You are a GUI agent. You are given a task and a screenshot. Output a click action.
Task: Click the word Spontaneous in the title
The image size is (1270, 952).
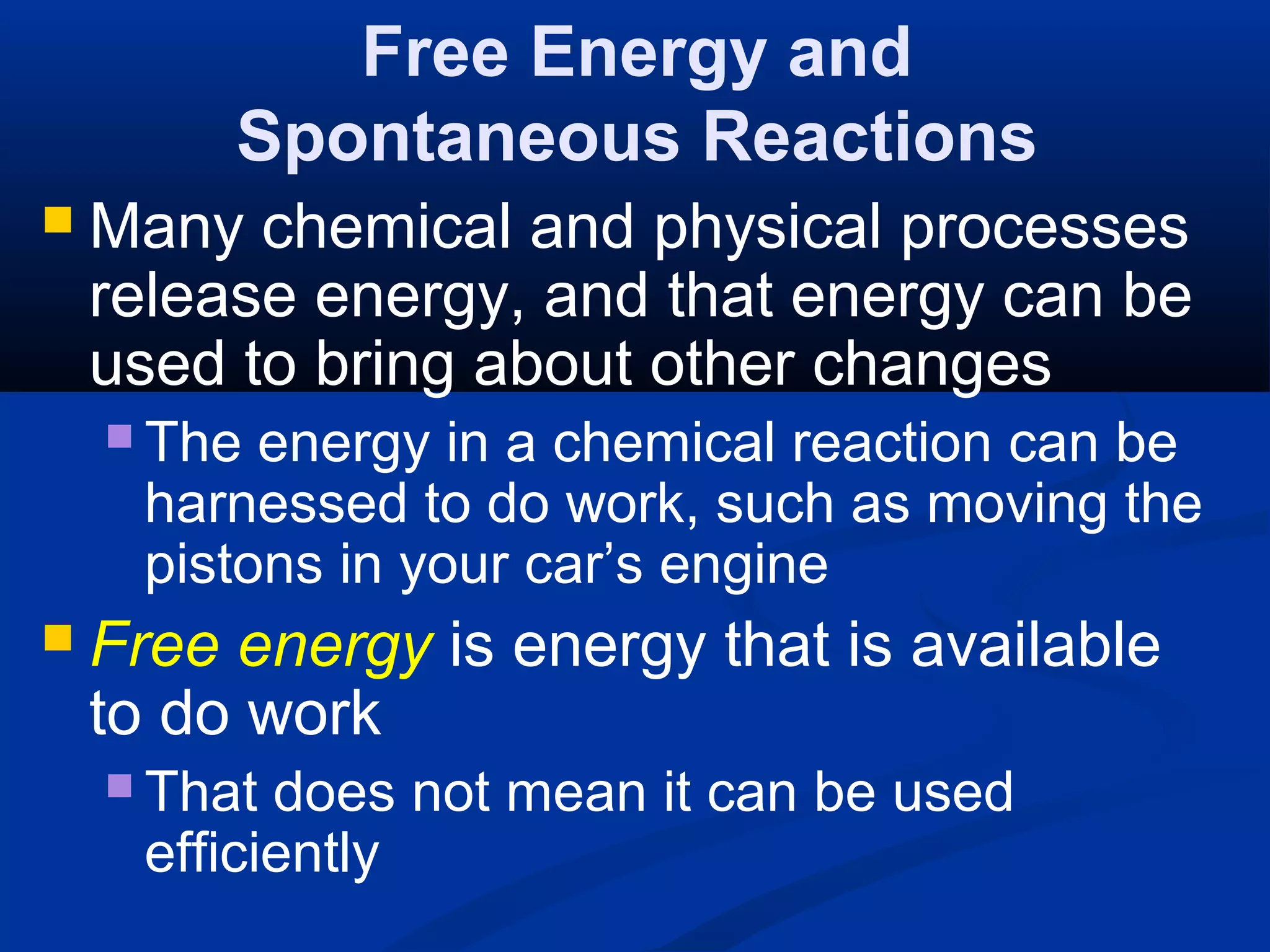[458, 137]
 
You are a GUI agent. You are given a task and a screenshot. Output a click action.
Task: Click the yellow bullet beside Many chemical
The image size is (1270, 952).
[58, 220]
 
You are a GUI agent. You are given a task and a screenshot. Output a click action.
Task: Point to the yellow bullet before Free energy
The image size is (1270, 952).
[58, 637]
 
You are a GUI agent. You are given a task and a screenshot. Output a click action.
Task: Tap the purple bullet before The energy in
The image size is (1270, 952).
[119, 436]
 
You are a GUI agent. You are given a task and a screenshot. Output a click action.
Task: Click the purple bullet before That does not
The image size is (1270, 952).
[119, 785]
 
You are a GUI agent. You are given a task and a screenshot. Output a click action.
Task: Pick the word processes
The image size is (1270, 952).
[1044, 228]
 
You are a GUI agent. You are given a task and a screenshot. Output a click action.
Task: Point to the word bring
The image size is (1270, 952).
[384, 366]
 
